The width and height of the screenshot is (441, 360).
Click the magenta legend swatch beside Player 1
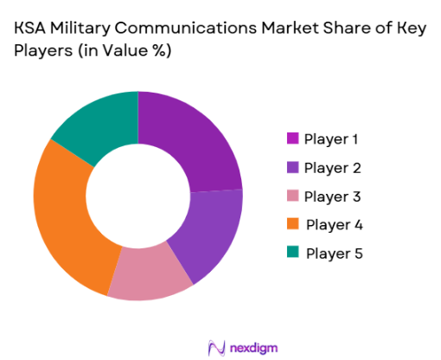point(291,138)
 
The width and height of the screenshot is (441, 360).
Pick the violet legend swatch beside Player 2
point(291,167)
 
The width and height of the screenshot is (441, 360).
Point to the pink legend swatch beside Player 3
point(291,196)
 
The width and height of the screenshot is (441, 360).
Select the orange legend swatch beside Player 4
point(291,224)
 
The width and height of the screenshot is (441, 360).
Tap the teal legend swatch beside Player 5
point(291,253)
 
